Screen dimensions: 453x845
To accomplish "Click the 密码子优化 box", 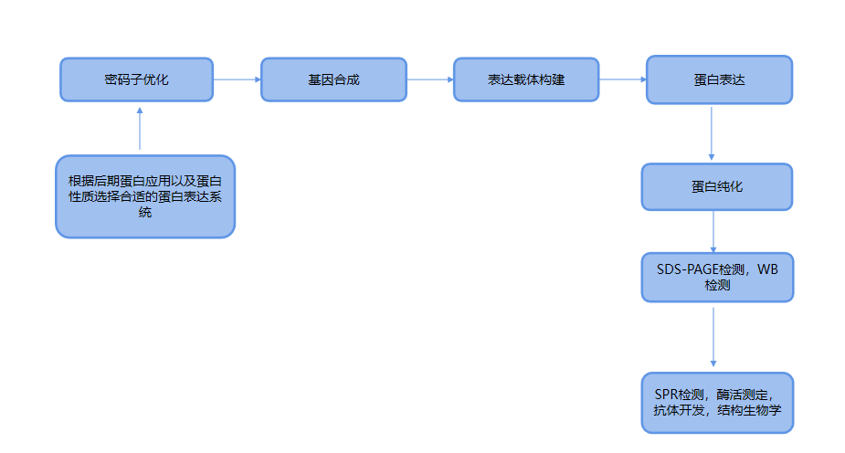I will pyautogui.click(x=136, y=79).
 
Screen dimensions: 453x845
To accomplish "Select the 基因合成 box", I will pyautogui.click(x=333, y=79).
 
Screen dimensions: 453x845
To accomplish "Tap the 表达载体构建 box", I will pyautogui.click(x=526, y=79).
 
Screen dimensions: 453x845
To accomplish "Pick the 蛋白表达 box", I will pyautogui.click(x=719, y=79).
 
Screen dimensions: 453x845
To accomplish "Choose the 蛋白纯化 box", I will pyautogui.click(x=717, y=186).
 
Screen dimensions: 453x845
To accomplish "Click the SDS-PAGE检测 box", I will pyautogui.click(x=717, y=277).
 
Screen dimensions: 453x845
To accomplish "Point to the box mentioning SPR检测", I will pyautogui.click(x=717, y=402).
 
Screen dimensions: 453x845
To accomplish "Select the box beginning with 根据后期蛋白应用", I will pyautogui.click(x=145, y=196).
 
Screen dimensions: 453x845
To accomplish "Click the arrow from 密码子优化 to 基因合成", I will pyautogui.click(x=237, y=79).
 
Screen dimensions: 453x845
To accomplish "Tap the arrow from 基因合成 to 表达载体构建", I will pyautogui.click(x=430, y=79).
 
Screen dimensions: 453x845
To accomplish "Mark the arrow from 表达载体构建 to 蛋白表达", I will pyautogui.click(x=623, y=79).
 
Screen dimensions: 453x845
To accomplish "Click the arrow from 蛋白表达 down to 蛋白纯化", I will pyautogui.click(x=713, y=132).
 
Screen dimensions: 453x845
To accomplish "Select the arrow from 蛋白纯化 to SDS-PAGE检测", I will pyautogui.click(x=713, y=231).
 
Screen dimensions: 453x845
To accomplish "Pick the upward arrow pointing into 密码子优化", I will pyautogui.click(x=140, y=128).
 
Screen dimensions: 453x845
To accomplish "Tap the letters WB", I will pyautogui.click(x=768, y=269).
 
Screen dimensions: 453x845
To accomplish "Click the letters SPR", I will pyautogui.click(x=666, y=395).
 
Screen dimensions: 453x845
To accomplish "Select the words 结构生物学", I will pyautogui.click(x=750, y=411).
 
